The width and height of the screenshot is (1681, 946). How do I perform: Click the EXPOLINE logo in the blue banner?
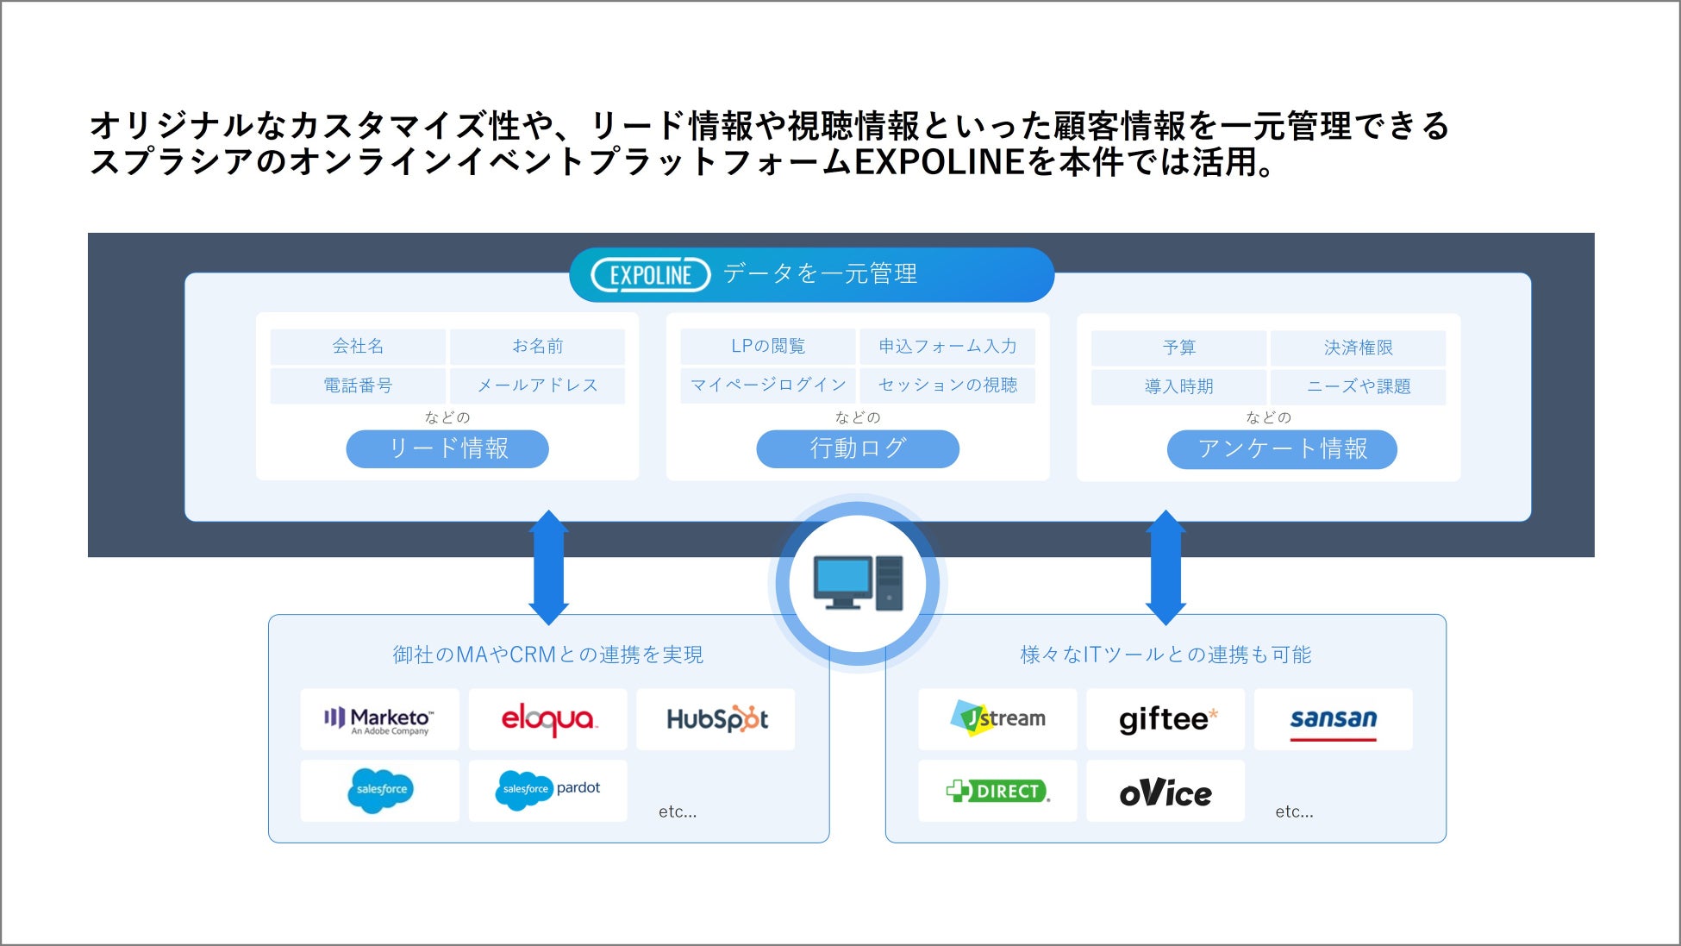point(651,275)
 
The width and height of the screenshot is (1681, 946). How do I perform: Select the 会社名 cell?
point(358,347)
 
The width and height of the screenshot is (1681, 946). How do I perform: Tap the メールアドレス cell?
point(537,385)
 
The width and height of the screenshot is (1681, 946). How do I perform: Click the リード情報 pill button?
point(447,448)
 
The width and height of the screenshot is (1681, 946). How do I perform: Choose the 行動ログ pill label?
point(858,448)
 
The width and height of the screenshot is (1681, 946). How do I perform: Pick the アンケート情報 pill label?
point(1282,449)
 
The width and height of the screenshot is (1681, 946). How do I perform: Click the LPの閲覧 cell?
point(768,347)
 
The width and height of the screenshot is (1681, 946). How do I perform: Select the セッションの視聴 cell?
point(947,385)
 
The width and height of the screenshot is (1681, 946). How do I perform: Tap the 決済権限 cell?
point(1359,348)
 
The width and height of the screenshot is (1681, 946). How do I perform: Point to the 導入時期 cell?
point(1178,386)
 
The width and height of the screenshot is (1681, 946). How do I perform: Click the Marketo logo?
point(379,720)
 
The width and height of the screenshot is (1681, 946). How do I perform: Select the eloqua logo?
point(548,719)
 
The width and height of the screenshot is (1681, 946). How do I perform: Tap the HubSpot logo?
point(716,719)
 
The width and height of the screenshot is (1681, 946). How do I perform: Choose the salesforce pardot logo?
point(548,790)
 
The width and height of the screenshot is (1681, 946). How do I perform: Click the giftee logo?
point(1168,719)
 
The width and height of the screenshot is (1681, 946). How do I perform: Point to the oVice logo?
point(1165,792)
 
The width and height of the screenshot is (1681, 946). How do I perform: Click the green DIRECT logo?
point(997,791)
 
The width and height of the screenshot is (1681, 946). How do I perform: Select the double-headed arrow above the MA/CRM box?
point(548,567)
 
